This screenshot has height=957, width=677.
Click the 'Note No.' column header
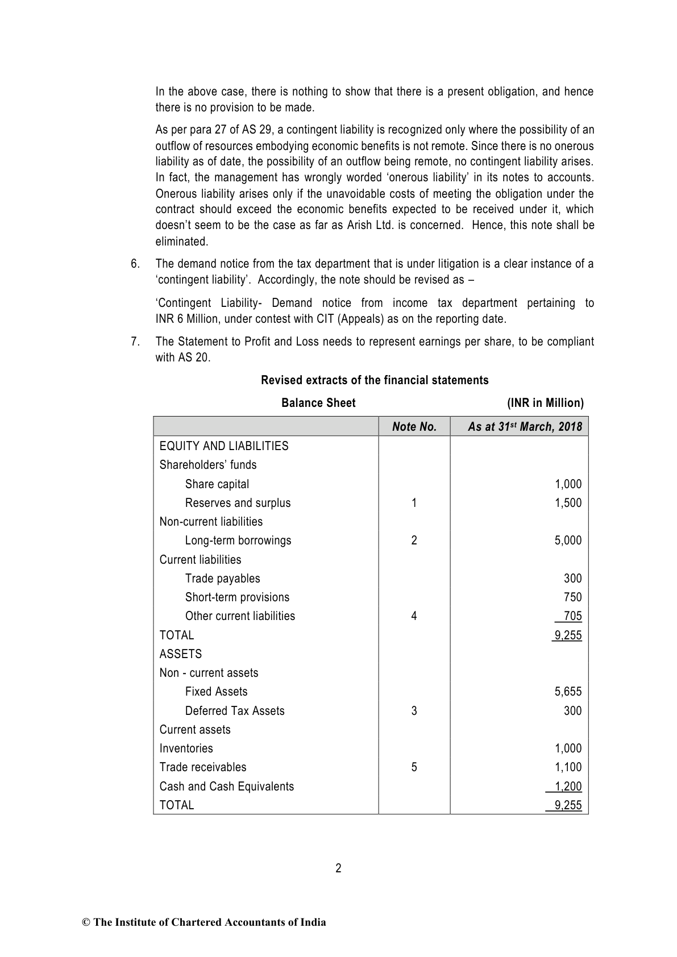point(414,427)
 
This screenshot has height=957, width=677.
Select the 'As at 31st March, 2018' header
point(525,427)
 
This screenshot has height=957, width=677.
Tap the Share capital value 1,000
point(568,484)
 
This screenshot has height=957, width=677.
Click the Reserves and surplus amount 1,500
point(568,503)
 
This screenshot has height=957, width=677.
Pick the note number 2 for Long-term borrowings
point(414,540)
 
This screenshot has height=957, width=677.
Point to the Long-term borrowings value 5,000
point(568,540)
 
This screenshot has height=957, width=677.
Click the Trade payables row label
point(222,579)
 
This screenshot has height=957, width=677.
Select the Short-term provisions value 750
point(572,597)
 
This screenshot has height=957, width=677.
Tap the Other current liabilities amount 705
point(572,616)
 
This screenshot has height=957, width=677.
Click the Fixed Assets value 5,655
point(568,692)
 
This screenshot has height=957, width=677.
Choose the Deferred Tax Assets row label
point(234,711)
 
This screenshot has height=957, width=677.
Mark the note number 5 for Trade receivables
point(414,767)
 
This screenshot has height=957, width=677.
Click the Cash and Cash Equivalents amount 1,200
point(568,787)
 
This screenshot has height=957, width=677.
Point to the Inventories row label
point(186,748)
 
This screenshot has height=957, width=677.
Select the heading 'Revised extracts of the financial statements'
point(375,380)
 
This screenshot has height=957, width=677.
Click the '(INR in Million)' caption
point(545,403)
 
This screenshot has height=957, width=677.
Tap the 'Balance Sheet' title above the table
point(318,403)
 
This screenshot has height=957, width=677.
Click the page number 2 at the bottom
point(338,868)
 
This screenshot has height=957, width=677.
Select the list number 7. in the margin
point(135,342)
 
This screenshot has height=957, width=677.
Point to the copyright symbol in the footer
point(86,922)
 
